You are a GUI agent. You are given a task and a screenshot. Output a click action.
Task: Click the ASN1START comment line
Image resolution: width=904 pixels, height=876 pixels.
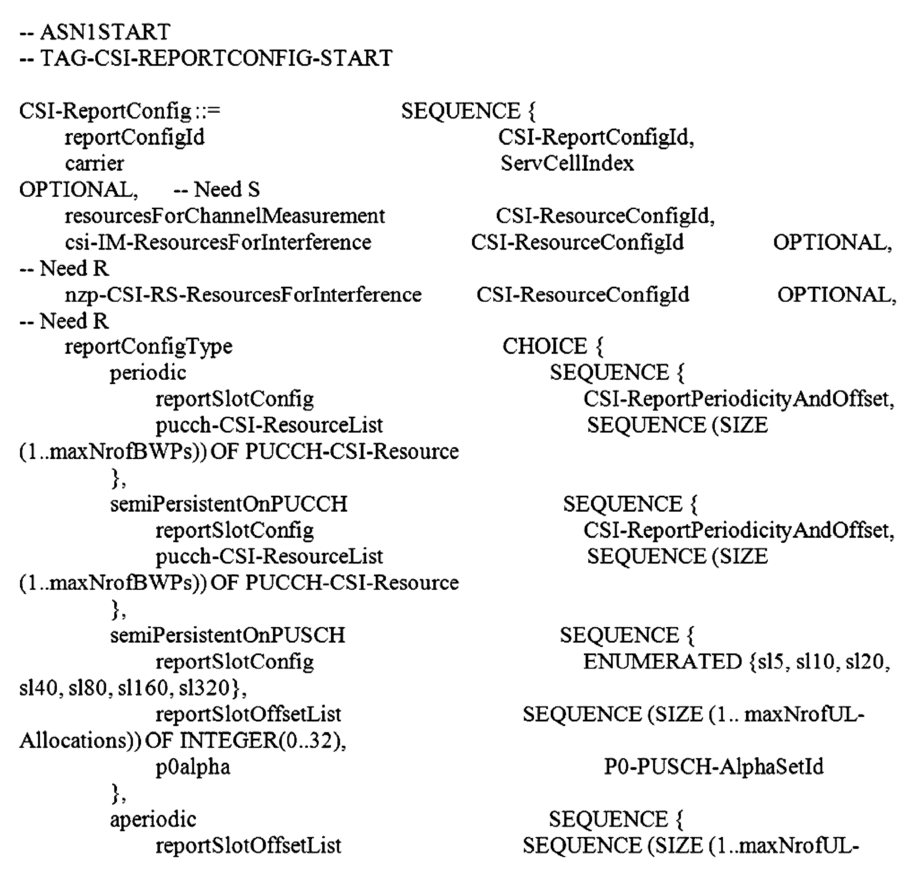tap(95, 32)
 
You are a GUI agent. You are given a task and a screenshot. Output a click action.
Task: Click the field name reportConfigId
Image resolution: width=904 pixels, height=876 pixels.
tap(134, 137)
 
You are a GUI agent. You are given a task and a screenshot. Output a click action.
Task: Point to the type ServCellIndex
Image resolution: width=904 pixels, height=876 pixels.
tap(567, 164)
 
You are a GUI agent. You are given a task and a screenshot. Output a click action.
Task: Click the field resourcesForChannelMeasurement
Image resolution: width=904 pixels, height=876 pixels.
tap(224, 216)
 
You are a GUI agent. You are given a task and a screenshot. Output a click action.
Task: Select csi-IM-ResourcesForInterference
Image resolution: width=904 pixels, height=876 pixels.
tap(218, 242)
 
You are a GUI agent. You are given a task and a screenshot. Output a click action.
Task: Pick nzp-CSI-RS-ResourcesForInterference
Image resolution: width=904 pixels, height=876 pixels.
tap(243, 295)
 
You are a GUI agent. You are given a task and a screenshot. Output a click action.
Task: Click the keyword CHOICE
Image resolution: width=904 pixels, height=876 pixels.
tap(544, 346)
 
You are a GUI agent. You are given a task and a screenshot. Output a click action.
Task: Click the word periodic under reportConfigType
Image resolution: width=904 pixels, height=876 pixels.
tap(148, 373)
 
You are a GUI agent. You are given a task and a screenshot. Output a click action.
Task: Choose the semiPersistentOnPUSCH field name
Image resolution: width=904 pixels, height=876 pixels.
tap(228, 635)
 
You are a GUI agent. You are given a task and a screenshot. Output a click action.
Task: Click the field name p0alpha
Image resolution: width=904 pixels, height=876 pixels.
tap(193, 767)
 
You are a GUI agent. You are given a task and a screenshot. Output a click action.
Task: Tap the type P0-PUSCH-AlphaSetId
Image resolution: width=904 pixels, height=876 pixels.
tap(713, 767)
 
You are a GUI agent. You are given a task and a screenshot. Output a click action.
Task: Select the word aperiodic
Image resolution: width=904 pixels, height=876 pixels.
tap(153, 820)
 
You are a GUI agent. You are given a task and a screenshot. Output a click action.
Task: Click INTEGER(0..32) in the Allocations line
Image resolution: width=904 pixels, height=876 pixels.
tap(262, 741)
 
